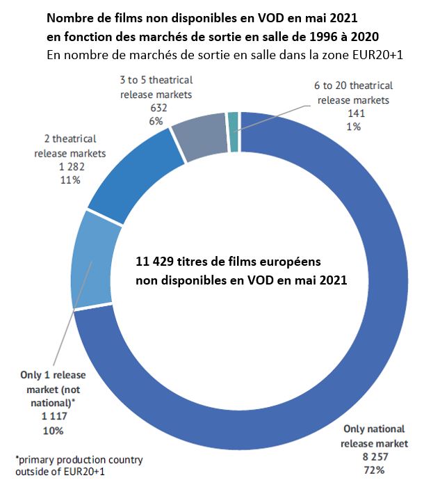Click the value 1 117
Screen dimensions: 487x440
[x=47, y=418]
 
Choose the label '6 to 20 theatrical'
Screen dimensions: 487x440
[x=354, y=86]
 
